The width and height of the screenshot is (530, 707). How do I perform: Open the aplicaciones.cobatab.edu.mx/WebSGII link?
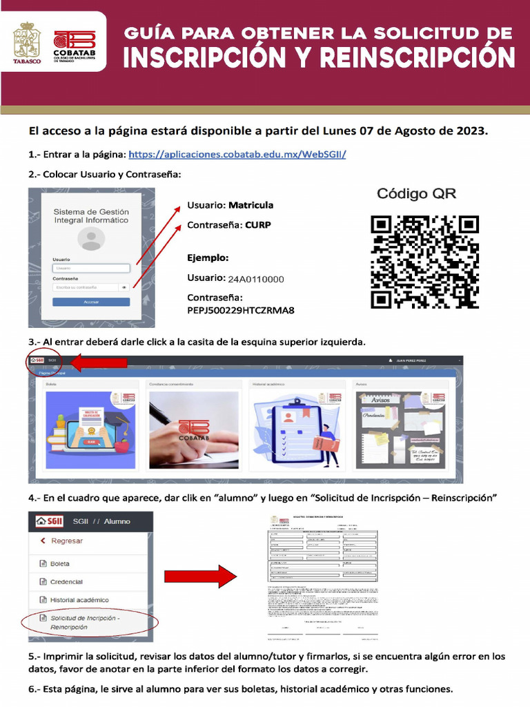pos(237,154)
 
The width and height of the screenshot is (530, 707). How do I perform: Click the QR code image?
pos(424,262)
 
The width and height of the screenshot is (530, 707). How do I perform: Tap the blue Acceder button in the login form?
pos(91,302)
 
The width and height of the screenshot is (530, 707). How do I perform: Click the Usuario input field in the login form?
pos(91,268)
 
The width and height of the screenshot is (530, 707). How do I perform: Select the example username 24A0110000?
pos(256,280)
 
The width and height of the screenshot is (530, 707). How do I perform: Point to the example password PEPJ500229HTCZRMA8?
pos(241,311)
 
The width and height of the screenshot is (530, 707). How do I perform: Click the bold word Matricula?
pos(251,205)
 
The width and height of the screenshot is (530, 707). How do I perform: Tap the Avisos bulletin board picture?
pos(400,429)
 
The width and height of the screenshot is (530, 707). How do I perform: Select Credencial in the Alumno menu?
pos(66,582)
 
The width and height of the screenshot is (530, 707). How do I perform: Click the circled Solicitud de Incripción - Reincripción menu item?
pos(84,622)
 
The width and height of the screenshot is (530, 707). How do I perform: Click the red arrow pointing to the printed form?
pos(200,575)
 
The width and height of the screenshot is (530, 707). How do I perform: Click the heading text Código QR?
pos(416,194)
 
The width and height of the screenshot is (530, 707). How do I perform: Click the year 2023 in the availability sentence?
pos(471,130)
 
